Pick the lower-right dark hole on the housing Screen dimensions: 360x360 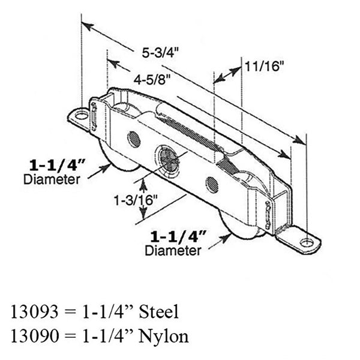pyautogui.click(x=211, y=183)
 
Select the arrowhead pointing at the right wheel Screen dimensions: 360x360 pyautogui.click(x=229, y=238)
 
